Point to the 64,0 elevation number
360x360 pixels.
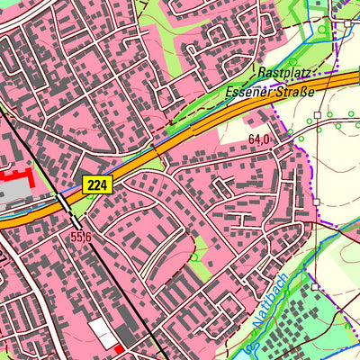click(x=259, y=139)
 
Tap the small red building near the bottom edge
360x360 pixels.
click(x=119, y=347)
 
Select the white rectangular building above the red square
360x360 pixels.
click(x=103, y=330)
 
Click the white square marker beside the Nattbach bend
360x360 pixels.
click(x=316, y=287)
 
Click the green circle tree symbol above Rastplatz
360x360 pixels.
click(x=322, y=30)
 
